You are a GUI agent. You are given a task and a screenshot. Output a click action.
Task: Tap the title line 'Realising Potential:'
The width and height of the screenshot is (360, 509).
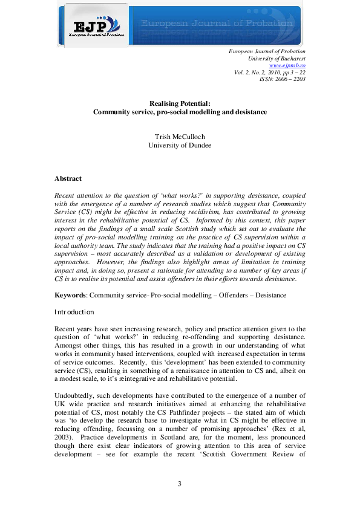pos(179,103)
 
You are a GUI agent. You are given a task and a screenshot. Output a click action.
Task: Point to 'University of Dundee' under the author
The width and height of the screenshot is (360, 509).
pos(179,146)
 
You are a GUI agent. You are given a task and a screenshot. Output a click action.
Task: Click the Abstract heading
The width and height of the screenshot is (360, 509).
pos(68,179)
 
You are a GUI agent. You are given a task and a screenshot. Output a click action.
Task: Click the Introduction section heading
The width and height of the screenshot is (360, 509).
pos(74,312)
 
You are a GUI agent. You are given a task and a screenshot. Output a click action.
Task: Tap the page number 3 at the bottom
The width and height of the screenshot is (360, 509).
pos(179,484)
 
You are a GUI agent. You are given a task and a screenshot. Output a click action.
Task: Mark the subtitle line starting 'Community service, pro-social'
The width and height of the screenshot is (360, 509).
pos(179,112)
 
